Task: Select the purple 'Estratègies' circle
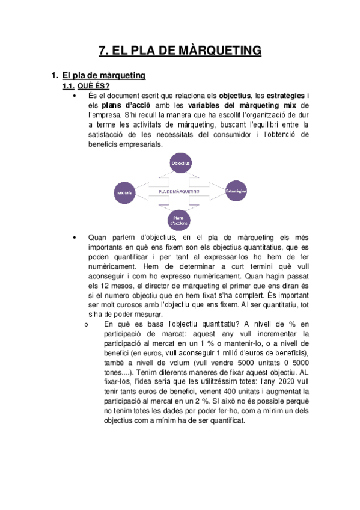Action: click(x=236, y=192)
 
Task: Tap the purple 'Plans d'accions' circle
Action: click(x=180, y=220)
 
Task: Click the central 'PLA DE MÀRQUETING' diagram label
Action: click(x=179, y=191)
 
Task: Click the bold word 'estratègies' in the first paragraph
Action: click(x=285, y=96)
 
